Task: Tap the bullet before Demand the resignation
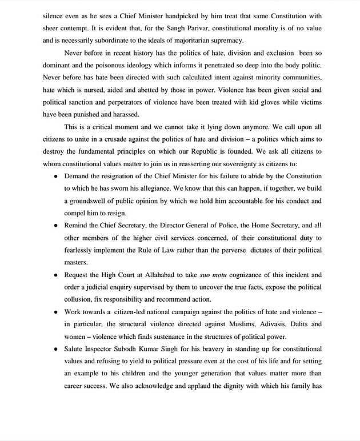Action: [55, 177]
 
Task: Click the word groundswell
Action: [93, 202]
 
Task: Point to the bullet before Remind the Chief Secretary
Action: [55, 226]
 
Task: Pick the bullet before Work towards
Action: [55, 312]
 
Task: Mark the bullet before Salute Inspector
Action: [55, 349]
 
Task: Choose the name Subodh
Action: [132, 349]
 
